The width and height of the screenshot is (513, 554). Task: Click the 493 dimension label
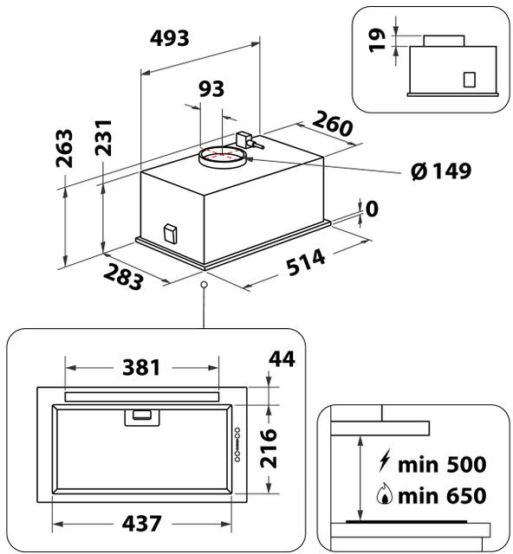[x=170, y=38]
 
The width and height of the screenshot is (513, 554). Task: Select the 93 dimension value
[x=211, y=88]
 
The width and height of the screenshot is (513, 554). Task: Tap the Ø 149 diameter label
[x=441, y=171]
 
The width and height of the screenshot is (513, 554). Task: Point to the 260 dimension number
[x=333, y=123]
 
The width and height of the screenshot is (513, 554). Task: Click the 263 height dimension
[x=64, y=148]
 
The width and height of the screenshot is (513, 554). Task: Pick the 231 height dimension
[x=104, y=138]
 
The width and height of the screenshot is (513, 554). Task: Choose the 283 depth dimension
[x=123, y=277]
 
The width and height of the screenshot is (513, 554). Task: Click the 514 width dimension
[x=306, y=262]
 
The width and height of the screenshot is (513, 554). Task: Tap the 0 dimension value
[x=372, y=209]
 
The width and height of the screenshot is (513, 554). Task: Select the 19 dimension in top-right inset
[x=377, y=41]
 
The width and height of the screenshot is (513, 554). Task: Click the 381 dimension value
[x=141, y=367]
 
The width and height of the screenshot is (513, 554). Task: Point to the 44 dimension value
[x=282, y=359]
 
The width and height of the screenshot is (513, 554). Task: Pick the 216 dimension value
[x=268, y=448]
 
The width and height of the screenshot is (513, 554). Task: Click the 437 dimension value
[x=141, y=524]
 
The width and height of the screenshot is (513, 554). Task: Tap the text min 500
[x=442, y=465]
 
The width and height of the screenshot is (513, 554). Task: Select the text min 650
[x=442, y=496]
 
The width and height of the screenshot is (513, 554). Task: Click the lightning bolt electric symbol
[x=384, y=460]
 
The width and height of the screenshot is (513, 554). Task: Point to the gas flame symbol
[x=385, y=494]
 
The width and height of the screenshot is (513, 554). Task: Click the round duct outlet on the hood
[x=222, y=158]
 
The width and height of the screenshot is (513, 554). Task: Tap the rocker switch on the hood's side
[x=170, y=234]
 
